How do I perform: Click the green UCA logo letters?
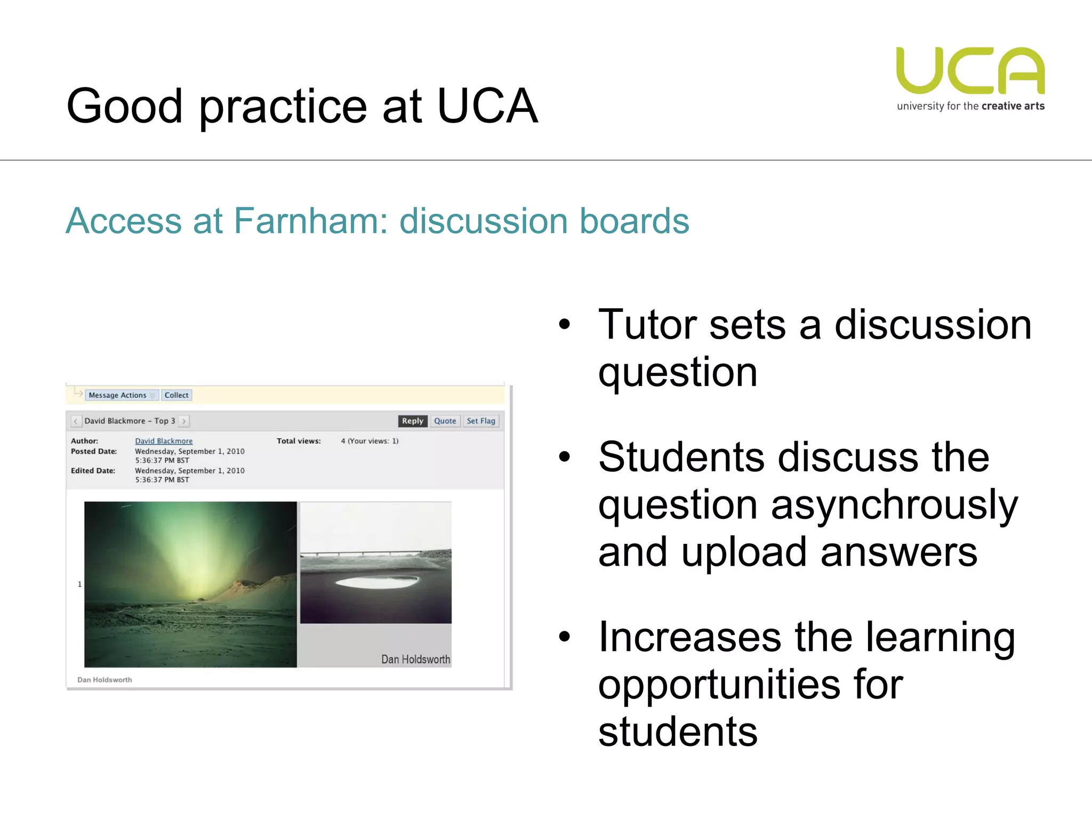click(x=970, y=70)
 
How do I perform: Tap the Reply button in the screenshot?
click(x=412, y=421)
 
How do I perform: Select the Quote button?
click(x=445, y=421)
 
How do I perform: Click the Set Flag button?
click(x=480, y=421)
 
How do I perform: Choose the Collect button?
click(x=176, y=395)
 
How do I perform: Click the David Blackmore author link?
click(x=164, y=441)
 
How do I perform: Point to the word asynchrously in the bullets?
click(x=894, y=504)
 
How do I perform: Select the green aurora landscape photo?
click(x=190, y=584)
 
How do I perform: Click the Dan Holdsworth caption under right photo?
click(x=415, y=660)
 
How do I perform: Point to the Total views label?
click(x=299, y=441)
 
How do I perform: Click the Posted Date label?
click(x=94, y=451)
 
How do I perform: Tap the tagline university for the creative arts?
click(x=970, y=106)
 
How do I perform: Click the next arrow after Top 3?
click(x=184, y=421)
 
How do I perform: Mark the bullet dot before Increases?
click(x=565, y=636)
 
